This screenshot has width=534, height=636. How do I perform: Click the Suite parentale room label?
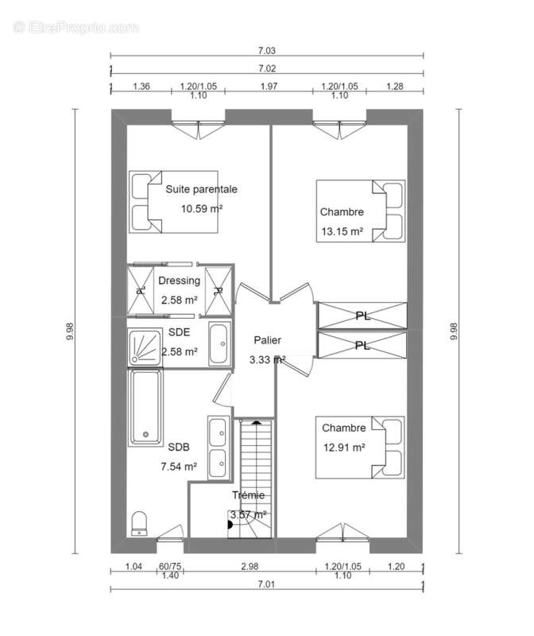[202, 189]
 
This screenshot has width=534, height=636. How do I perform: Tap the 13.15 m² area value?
[342, 231]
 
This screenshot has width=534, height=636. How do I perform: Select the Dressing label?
[180, 281]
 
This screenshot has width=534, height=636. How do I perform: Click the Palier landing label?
[267, 340]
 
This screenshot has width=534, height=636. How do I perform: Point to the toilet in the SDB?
[139, 524]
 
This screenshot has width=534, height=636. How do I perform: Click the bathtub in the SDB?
[145, 407]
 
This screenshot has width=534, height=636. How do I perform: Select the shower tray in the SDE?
[145, 347]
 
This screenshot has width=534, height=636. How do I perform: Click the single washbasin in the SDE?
[219, 343]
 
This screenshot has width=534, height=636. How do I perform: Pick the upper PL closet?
[362, 315]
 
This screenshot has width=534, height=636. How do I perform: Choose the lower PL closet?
[362, 345]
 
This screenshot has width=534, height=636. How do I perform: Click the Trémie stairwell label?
[248, 495]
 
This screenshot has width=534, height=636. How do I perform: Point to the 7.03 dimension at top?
[267, 51]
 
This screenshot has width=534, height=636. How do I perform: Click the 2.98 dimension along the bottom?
[250, 566]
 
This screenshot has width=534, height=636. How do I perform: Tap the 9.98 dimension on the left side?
[70, 331]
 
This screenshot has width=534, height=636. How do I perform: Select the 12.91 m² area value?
[344, 448]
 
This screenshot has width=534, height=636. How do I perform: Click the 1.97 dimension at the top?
[269, 87]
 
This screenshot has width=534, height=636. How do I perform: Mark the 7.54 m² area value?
[179, 467]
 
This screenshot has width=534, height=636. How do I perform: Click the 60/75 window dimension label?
[170, 566]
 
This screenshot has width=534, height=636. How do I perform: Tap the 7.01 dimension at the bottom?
[266, 584]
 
